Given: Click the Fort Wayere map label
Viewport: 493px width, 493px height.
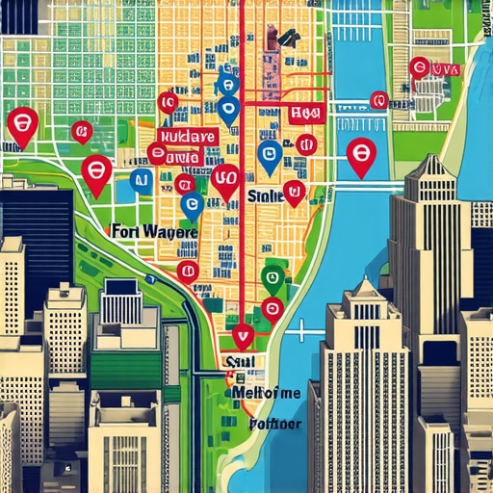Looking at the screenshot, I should pos(154,233).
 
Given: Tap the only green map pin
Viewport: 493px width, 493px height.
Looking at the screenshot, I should pos(272,278).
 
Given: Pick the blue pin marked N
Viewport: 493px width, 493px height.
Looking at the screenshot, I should pos(142,179).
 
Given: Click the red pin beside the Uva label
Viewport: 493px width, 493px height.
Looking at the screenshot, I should pos(419,67).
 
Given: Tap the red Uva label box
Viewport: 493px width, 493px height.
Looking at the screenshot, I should pos(446,70).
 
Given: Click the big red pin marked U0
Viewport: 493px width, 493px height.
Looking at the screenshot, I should pos(227,179).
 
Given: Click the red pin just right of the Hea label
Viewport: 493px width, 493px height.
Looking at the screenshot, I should pos(306,144).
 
